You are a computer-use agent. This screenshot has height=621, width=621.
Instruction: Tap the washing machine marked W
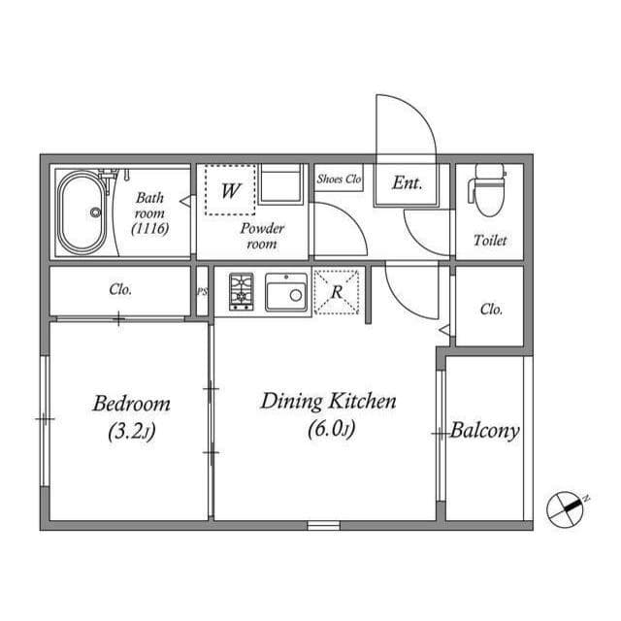tap(230, 191)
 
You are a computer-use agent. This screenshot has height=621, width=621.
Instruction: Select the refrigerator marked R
tap(337, 291)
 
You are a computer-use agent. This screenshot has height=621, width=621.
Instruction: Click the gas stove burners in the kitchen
tap(241, 291)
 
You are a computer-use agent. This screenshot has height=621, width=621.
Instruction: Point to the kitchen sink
tap(285, 291)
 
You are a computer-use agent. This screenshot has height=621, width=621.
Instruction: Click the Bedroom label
tap(132, 404)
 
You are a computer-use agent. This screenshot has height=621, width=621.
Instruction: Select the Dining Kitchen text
tap(328, 401)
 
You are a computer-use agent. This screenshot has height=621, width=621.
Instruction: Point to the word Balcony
tap(484, 431)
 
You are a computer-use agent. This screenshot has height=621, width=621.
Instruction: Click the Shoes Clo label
tap(339, 180)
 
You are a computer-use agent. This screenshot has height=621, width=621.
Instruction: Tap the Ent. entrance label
tap(408, 182)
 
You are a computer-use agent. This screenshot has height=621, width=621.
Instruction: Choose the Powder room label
tap(262, 236)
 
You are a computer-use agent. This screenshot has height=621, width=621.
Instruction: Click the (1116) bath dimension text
tap(149, 229)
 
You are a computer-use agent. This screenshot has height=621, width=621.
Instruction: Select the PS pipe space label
tap(202, 290)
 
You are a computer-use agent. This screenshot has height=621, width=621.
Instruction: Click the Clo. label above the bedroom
tap(120, 289)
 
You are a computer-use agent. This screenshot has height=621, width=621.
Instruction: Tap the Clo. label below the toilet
tap(491, 310)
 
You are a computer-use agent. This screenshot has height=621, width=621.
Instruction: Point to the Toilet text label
tap(490, 241)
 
